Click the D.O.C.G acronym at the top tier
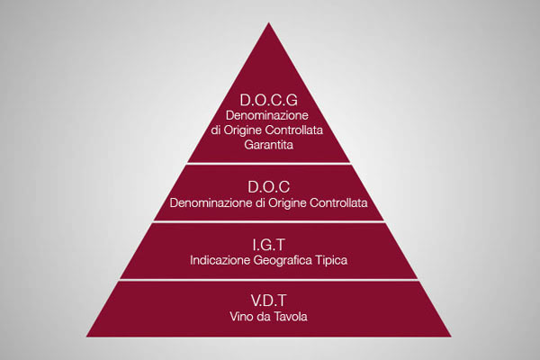268,100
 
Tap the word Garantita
268,145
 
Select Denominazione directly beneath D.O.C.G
267,115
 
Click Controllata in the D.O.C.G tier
294,130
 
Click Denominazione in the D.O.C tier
211,202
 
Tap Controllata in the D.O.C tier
338,202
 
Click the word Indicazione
220,260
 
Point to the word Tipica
331,261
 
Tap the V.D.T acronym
268,301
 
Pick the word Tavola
291,316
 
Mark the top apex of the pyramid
268,22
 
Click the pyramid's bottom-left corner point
86,337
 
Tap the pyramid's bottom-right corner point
451,337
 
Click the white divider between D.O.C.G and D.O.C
268,163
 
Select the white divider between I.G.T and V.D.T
268,280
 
